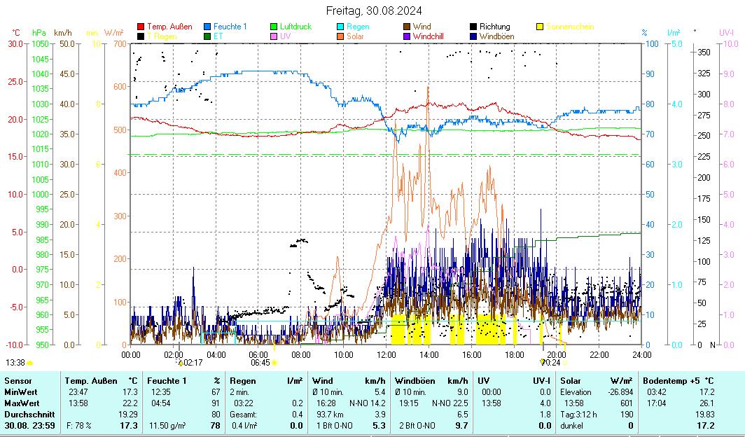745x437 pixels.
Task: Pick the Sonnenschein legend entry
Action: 569,27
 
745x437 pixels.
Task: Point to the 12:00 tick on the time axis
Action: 386,354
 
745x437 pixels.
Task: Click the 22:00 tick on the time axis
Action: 599,354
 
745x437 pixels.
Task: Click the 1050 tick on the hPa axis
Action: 39,43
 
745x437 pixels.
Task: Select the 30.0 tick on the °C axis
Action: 15,43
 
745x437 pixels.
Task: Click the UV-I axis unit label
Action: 726,32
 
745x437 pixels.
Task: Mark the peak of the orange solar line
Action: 427,87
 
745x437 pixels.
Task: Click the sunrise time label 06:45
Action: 260,363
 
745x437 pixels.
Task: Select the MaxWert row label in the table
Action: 22,403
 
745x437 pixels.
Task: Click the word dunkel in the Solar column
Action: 572,425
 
